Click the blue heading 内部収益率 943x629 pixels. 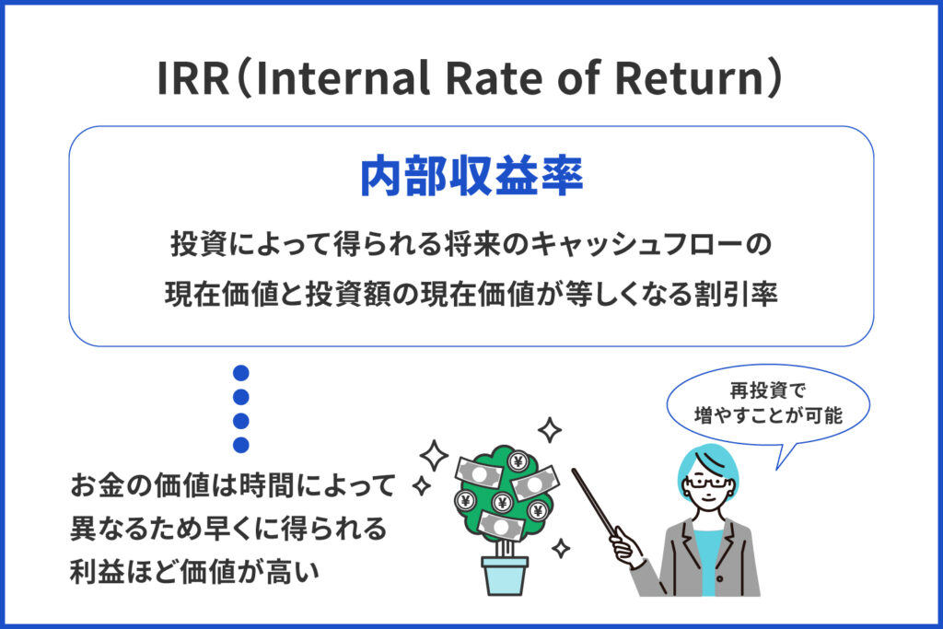point(471,177)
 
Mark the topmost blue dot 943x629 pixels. point(241,374)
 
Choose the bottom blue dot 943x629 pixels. point(241,445)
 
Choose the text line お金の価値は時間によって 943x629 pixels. point(233,485)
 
